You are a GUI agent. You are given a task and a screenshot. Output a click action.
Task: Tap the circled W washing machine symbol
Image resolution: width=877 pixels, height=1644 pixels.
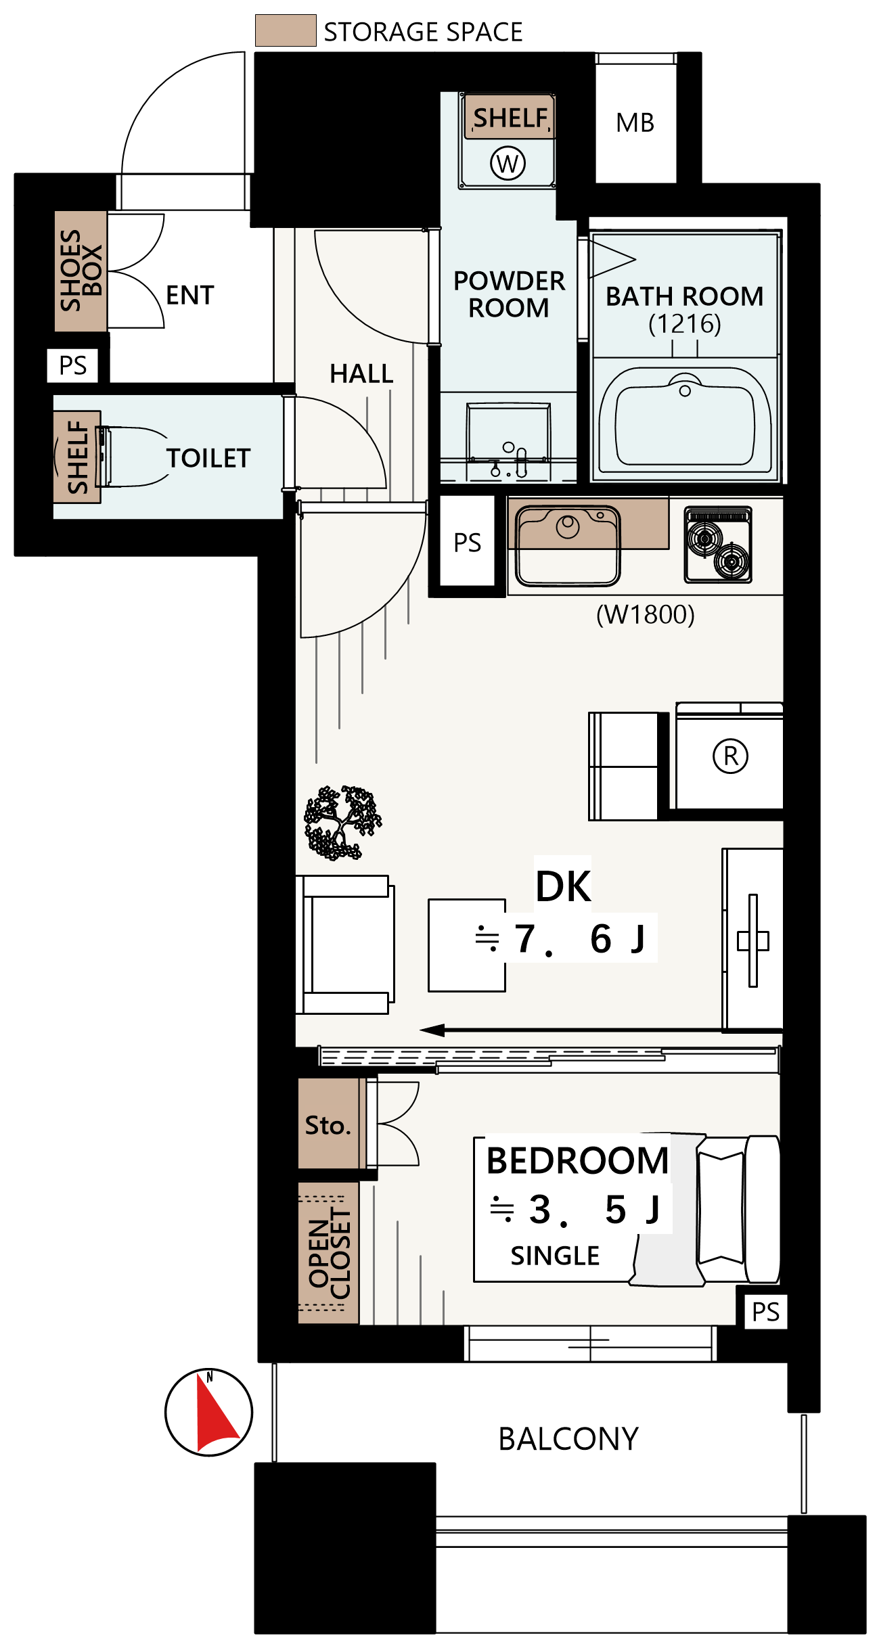(x=508, y=163)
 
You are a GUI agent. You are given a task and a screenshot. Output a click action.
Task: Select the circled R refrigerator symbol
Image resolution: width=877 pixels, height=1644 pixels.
(x=731, y=756)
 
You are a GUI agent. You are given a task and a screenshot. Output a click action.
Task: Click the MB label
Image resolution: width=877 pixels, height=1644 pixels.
(x=635, y=123)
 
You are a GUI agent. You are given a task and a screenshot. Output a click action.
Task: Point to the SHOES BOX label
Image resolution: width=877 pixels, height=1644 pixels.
(x=81, y=270)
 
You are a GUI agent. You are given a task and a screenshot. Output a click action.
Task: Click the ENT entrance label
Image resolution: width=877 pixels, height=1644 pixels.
(x=190, y=295)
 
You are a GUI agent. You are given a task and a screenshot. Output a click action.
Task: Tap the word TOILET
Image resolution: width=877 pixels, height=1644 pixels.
(x=208, y=458)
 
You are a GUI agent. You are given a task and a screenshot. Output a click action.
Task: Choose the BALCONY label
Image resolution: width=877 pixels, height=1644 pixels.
(x=568, y=1439)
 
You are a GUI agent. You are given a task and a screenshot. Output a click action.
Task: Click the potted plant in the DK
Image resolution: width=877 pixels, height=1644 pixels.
(x=342, y=823)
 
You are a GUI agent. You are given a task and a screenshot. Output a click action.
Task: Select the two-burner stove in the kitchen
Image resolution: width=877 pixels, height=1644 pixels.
(x=718, y=545)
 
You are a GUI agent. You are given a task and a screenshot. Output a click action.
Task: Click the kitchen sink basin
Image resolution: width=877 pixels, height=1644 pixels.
(x=568, y=545)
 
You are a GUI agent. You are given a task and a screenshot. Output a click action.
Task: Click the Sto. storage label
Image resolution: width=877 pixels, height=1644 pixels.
(x=328, y=1125)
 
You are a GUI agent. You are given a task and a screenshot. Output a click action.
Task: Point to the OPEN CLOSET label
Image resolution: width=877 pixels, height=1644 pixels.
(x=330, y=1253)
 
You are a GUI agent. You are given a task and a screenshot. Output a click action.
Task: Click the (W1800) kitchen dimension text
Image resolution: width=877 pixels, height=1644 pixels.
(x=646, y=614)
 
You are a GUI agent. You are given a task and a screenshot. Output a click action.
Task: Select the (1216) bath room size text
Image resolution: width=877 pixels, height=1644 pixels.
(x=685, y=324)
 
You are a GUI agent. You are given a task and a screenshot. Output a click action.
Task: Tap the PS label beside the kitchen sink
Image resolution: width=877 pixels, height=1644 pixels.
(x=467, y=543)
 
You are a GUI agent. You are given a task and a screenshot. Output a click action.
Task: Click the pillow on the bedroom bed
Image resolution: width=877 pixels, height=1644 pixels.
(x=721, y=1208)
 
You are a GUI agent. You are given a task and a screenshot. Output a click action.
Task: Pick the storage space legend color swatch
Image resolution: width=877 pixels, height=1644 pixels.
(x=286, y=30)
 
